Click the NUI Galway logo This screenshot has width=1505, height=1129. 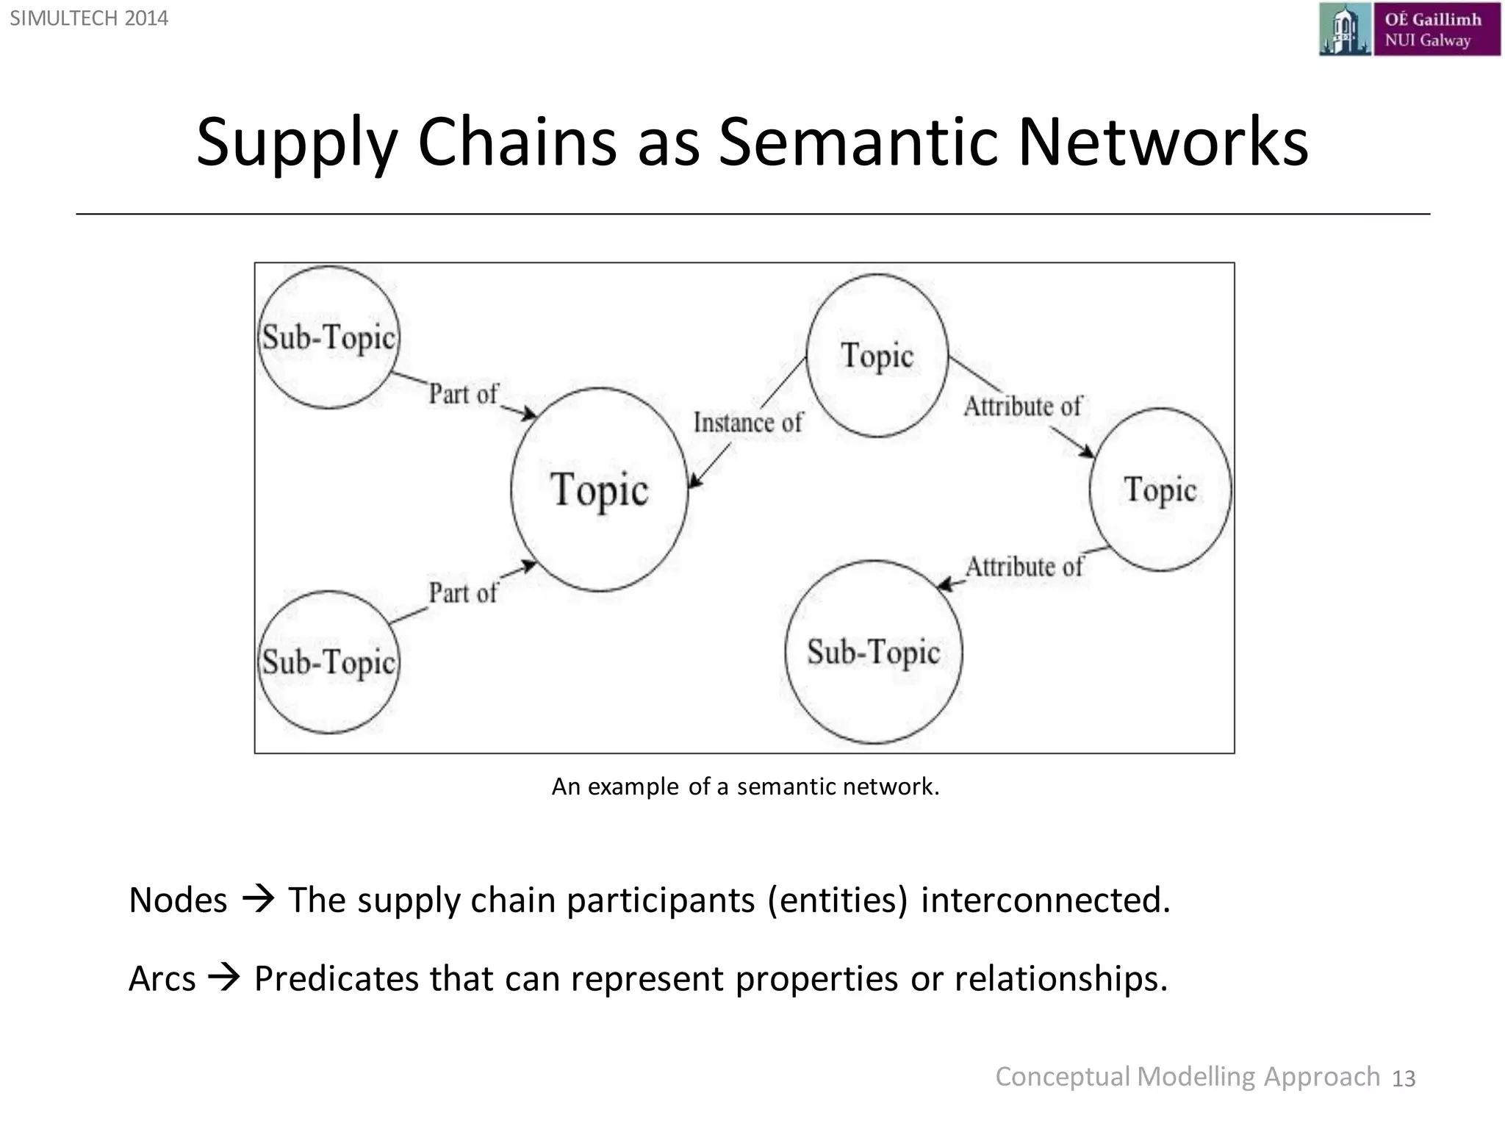point(1409,29)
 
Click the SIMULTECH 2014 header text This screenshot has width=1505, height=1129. point(89,18)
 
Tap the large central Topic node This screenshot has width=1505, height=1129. point(600,490)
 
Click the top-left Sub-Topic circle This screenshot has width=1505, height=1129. point(328,337)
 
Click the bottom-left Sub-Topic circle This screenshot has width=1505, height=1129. point(328,662)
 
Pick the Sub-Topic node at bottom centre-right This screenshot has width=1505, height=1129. point(873,652)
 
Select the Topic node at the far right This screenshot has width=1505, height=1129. point(1160,490)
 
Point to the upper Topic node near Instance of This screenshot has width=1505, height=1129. point(877,356)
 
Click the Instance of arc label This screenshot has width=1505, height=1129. point(747,423)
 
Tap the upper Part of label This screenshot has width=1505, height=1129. point(463,394)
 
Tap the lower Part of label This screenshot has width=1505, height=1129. point(463,592)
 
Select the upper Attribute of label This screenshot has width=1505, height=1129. point(1022,406)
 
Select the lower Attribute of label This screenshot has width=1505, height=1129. point(1024,567)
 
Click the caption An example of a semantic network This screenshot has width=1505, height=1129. point(745,786)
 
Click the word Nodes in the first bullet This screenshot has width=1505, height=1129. point(178,900)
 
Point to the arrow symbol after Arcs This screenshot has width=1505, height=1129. point(224,978)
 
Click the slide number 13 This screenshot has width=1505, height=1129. point(1403,1078)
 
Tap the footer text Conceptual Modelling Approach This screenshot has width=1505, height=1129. point(1187,1077)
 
